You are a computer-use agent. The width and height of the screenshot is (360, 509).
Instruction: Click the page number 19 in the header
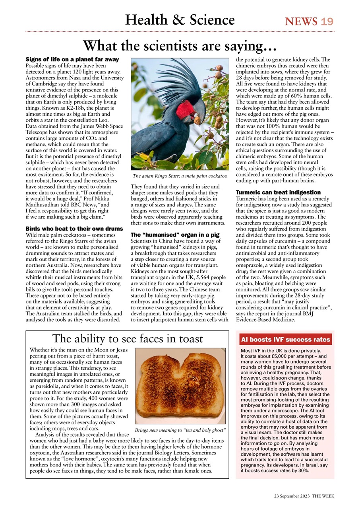(327, 21)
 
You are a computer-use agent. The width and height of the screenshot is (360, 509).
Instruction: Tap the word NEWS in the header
(301, 21)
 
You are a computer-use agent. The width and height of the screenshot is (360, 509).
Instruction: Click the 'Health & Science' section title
(180, 20)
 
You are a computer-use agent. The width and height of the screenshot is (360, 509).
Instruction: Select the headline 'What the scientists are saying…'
(180, 46)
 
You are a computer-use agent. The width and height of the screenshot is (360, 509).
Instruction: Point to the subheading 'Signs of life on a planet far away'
(72, 60)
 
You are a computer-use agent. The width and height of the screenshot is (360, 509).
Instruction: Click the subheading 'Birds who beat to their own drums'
(74, 229)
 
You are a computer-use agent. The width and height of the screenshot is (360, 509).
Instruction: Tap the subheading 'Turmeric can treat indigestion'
(278, 192)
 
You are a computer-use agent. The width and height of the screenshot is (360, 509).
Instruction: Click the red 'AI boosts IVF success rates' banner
(285, 340)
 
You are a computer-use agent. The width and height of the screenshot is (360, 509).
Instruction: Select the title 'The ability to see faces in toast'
(128, 339)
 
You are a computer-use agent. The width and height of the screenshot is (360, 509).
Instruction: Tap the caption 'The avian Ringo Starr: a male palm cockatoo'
(180, 176)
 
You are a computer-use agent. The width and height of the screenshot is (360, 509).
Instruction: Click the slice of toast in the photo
(180, 384)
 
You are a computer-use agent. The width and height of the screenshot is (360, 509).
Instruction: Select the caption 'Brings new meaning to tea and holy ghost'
(180, 430)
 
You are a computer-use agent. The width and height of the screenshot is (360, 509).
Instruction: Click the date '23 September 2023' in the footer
(292, 496)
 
